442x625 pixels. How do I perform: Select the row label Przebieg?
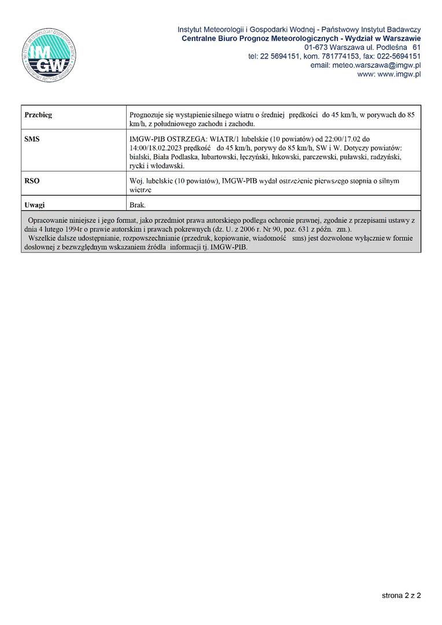pyautogui.click(x=38, y=115)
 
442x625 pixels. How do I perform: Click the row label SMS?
pyautogui.click(x=32, y=139)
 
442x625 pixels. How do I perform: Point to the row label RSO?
pyautogui.click(x=32, y=181)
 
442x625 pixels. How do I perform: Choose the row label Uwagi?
pyautogui.click(x=35, y=205)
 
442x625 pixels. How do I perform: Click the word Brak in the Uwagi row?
pyautogui.click(x=138, y=205)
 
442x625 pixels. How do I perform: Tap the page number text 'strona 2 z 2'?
pyautogui.click(x=401, y=595)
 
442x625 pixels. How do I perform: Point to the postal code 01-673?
pyautogui.click(x=315, y=47)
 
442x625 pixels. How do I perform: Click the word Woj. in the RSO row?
pyautogui.click(x=137, y=181)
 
